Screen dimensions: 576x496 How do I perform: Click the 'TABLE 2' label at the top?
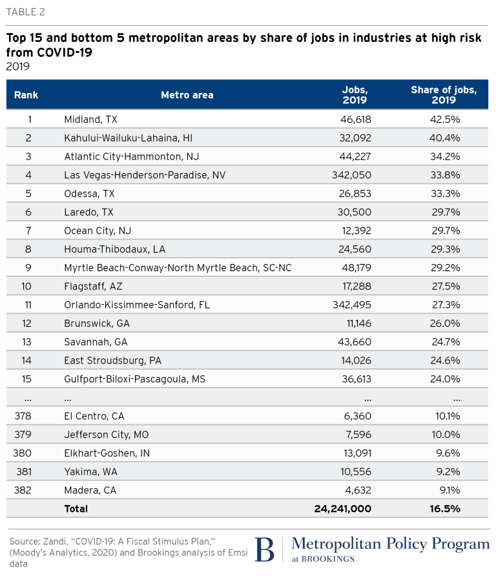coord(26,12)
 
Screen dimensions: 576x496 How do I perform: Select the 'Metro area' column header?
coord(187,95)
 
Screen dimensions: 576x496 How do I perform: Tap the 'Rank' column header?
coord(26,95)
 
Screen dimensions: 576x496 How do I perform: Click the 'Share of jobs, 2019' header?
coord(443,95)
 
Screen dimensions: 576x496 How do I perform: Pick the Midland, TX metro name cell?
coord(90,119)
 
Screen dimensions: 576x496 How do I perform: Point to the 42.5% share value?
coord(446,119)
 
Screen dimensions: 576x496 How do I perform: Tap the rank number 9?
coord(28,267)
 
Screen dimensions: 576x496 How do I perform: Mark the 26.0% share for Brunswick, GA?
coord(446,324)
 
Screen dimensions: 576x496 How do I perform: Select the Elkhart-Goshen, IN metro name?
coord(107,453)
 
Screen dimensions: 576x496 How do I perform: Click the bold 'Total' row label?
coord(76,509)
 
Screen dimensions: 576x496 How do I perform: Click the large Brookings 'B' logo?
coord(265,550)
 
